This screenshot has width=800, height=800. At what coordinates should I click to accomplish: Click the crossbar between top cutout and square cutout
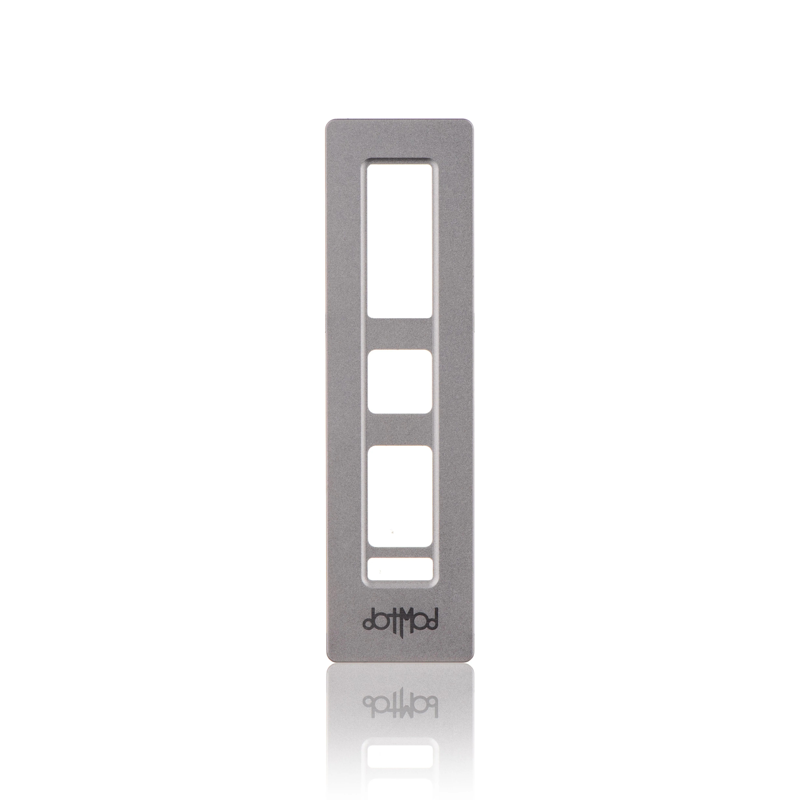(x=400, y=333)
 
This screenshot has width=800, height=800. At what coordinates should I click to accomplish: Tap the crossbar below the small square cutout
(x=400, y=429)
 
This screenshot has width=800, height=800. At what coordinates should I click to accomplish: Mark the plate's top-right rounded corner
(x=471, y=123)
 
